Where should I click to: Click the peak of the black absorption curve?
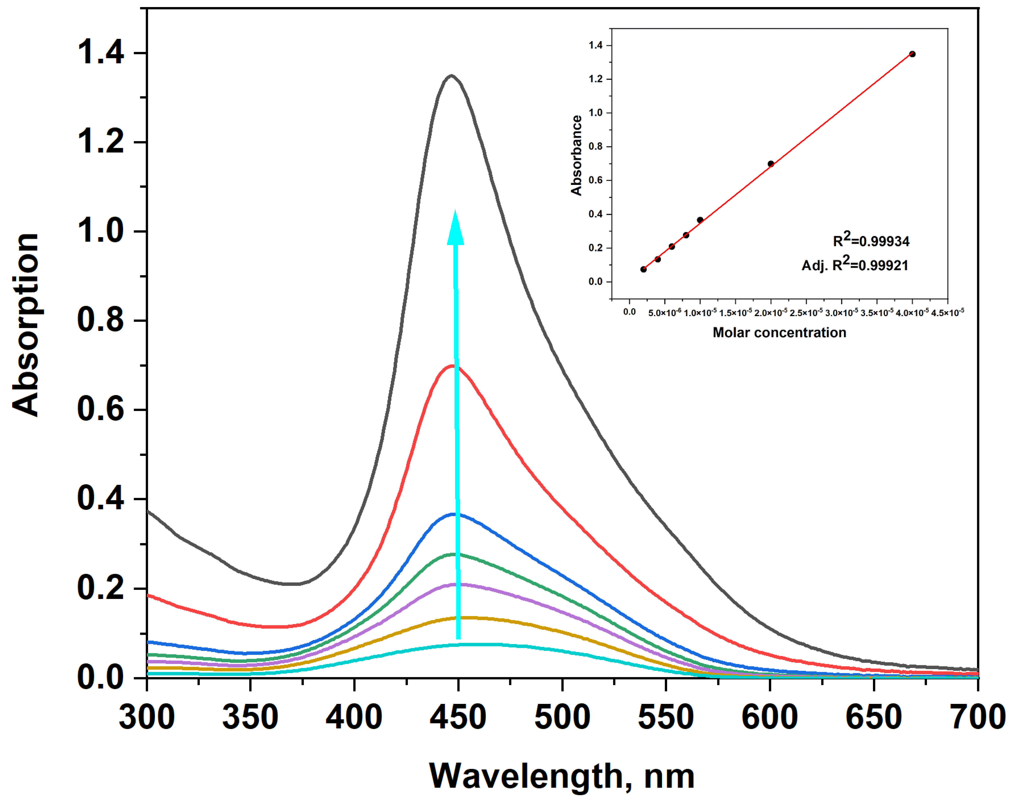coord(451,75)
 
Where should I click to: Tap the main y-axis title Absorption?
coord(26,324)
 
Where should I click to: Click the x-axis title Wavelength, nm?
coord(561,776)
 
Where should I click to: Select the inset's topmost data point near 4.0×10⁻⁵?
coord(912,54)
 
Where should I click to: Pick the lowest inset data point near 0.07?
coord(643,269)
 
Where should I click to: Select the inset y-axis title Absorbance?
coord(576,155)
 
